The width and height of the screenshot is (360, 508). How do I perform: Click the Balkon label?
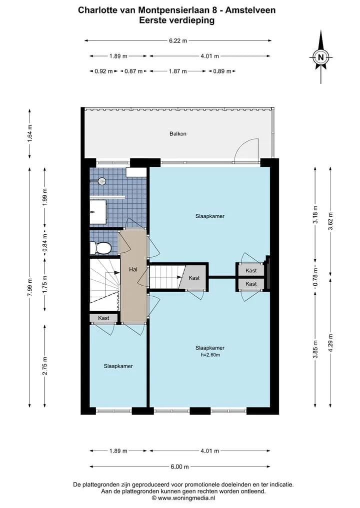tap(177, 133)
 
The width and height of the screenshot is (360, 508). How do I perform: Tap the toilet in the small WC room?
tap(101, 248)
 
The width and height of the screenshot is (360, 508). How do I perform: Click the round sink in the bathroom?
tap(102, 181)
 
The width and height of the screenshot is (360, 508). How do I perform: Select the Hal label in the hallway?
tap(133, 269)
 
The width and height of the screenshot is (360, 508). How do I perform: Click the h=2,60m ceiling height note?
tap(210, 355)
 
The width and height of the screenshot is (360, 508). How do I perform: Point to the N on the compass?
tap(321, 57)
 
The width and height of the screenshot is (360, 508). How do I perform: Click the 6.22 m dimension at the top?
tap(178, 41)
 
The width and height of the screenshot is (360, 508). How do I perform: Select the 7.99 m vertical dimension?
tap(30, 287)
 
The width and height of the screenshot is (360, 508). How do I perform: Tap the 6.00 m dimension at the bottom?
tap(179, 467)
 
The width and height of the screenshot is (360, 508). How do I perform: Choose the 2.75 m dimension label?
tap(45, 366)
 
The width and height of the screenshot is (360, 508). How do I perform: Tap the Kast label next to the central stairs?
tap(194, 278)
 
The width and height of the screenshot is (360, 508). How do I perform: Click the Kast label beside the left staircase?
tap(103, 318)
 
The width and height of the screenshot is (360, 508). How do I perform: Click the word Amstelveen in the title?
tap(250, 10)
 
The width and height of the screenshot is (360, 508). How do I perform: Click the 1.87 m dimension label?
tap(177, 71)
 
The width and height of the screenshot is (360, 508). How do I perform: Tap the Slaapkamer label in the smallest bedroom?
tap(118, 366)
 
